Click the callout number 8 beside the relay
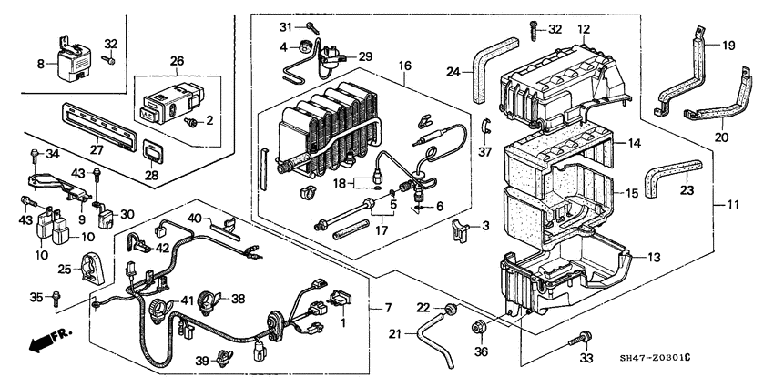click(40, 63)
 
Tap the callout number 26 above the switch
click(177, 61)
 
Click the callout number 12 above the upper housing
click(584, 28)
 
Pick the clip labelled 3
click(458, 230)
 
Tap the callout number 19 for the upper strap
click(728, 46)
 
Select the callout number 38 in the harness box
click(239, 297)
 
